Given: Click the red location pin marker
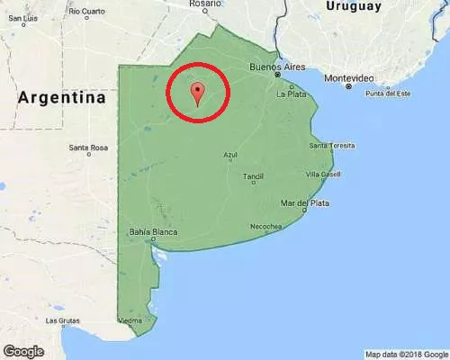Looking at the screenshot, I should coord(198,92).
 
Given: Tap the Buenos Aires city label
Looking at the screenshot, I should coord(277,67).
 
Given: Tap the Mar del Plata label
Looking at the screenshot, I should coord(307,203).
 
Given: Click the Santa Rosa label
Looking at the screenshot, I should coord(88,148).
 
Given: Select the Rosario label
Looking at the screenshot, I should coord(205,4).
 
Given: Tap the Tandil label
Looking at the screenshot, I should coord(253,176).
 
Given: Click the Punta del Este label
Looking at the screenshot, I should coord(387,94).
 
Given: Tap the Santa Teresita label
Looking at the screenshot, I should coord(330,146).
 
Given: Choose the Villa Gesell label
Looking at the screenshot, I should coord(322,174).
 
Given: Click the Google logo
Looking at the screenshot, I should coord(23,350).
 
